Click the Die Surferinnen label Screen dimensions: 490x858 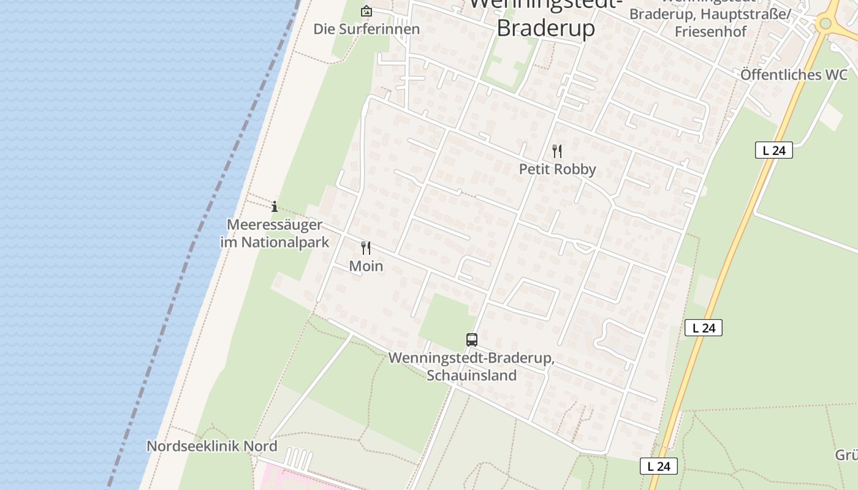(x=366, y=29)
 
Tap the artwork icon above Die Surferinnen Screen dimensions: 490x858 (x=366, y=10)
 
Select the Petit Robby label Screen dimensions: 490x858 (x=557, y=169)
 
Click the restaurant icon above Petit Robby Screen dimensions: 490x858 (x=557, y=151)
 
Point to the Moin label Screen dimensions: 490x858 (x=366, y=266)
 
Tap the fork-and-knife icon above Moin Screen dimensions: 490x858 (x=366, y=247)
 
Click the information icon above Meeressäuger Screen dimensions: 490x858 (x=275, y=206)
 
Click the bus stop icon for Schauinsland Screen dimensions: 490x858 (x=471, y=339)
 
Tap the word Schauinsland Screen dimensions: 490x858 (x=471, y=375)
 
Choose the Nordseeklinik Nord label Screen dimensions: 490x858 (x=211, y=446)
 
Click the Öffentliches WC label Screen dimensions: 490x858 (x=794, y=75)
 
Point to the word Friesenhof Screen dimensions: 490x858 (x=710, y=31)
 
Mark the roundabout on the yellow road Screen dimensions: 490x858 (x=826, y=23)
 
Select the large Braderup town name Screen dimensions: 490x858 (x=545, y=28)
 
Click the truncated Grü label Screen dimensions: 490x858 (x=846, y=455)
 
